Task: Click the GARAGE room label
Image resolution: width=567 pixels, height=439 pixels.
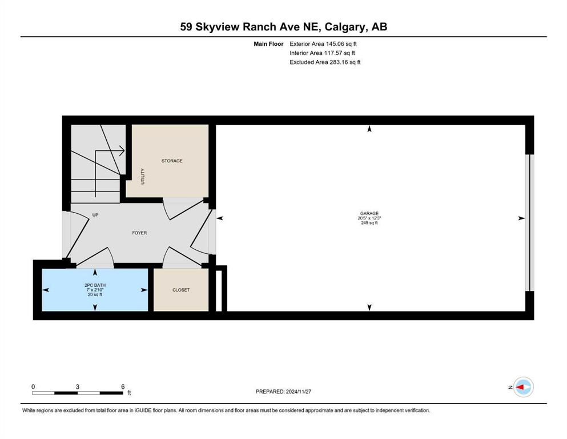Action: point(369,214)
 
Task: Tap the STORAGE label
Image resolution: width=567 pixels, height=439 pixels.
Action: point(172,161)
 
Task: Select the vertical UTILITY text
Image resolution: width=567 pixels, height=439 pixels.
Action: point(143,176)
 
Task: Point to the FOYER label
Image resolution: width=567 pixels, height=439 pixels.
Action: point(139,233)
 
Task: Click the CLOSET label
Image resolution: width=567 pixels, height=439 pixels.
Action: point(181,290)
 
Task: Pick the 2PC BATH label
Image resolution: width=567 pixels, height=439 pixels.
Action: point(95,285)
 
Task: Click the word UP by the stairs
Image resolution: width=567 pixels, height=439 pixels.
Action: point(95,215)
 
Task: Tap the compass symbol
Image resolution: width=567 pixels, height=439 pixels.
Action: point(523,387)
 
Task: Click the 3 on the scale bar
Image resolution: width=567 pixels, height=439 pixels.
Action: point(78,386)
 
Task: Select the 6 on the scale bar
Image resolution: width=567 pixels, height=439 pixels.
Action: point(123,386)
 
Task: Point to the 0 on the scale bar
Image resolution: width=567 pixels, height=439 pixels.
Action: point(33,386)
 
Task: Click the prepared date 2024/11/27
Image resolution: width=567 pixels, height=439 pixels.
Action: point(298,392)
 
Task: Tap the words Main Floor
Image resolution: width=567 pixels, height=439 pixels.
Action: point(268,44)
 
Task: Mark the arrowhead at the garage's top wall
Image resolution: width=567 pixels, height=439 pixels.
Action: point(369,129)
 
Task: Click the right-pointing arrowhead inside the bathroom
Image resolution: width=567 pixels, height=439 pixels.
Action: point(144,290)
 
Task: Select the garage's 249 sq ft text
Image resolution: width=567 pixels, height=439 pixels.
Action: point(369,223)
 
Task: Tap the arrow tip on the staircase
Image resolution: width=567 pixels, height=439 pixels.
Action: point(124,150)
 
